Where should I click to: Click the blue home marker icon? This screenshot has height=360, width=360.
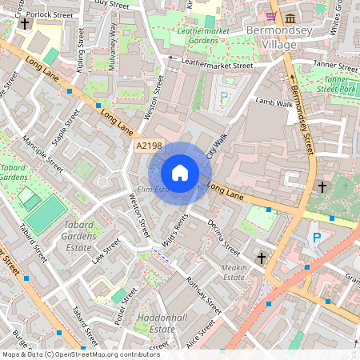180,173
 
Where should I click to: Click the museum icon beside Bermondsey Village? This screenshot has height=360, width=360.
288,17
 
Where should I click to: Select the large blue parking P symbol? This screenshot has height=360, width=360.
317,238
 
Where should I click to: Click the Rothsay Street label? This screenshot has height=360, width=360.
203,294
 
